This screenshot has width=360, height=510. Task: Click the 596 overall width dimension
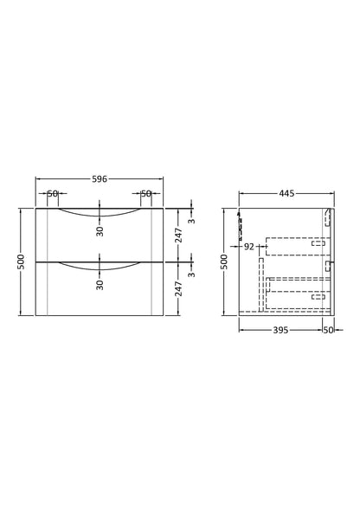100,179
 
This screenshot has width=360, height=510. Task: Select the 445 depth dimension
286,194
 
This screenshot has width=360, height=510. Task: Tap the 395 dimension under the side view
280,330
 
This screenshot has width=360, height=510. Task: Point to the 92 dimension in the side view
248,247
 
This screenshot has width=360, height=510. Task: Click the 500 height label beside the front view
21,261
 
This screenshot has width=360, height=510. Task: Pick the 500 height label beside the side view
224,261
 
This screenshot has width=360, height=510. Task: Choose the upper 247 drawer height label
178,236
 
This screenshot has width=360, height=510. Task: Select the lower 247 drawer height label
178,289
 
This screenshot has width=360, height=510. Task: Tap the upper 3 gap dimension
192,221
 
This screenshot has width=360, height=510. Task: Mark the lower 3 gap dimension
192,274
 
